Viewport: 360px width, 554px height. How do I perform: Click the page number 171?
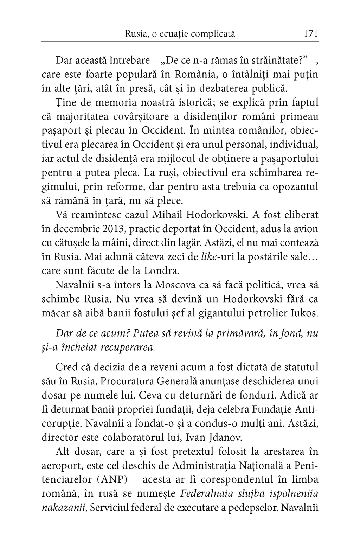(x=311, y=34)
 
